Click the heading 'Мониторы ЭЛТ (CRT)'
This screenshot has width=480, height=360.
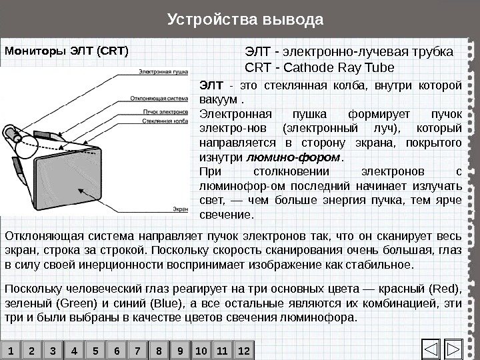(x=67, y=50)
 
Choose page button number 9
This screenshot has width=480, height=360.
(x=179, y=350)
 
